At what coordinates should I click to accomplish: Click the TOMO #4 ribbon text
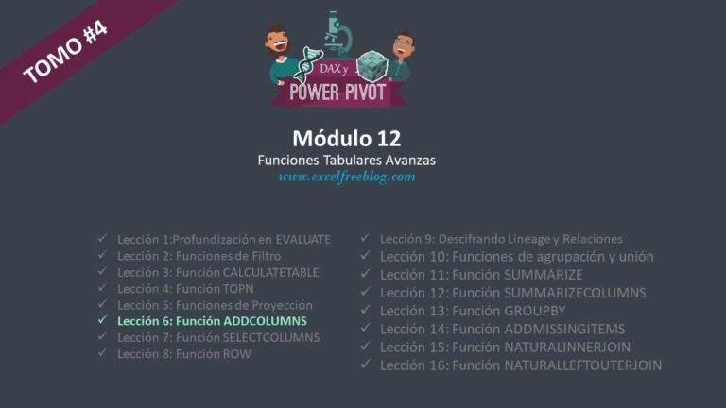65,52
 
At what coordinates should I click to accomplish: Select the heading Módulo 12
346,138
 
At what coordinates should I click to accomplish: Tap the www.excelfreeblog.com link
347,178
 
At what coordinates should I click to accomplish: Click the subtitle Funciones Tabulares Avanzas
346,161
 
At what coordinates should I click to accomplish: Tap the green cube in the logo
372,66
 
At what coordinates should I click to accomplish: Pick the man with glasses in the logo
401,56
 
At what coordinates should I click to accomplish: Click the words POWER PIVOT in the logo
337,92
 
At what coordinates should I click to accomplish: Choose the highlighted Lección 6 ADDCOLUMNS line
212,321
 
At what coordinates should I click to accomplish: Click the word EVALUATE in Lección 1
303,240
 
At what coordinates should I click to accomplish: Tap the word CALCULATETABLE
271,272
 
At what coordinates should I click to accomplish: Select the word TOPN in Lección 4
238,289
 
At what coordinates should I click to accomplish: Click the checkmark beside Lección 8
102,353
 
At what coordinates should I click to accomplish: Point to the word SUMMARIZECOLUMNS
575,293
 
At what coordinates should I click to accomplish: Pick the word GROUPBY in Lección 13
535,311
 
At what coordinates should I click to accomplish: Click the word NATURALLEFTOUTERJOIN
583,365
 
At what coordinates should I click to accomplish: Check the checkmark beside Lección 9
365,238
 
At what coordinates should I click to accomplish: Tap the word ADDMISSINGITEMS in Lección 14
564,329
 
